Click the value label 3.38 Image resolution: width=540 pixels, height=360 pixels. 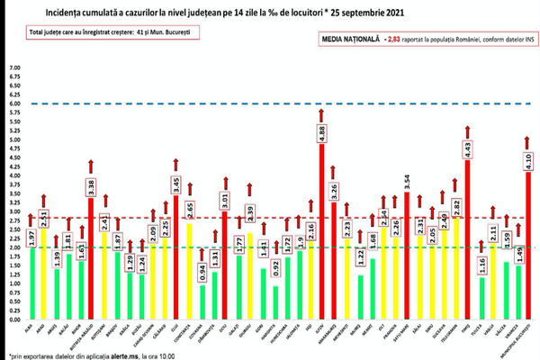point(91,187)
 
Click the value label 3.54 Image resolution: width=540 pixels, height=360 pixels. point(407,183)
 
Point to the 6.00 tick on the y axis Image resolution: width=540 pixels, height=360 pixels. point(13,104)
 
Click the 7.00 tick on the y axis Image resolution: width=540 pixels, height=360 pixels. point(13,68)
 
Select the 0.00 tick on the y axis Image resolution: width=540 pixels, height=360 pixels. point(13,319)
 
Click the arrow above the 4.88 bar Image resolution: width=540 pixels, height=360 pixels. point(322,115)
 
